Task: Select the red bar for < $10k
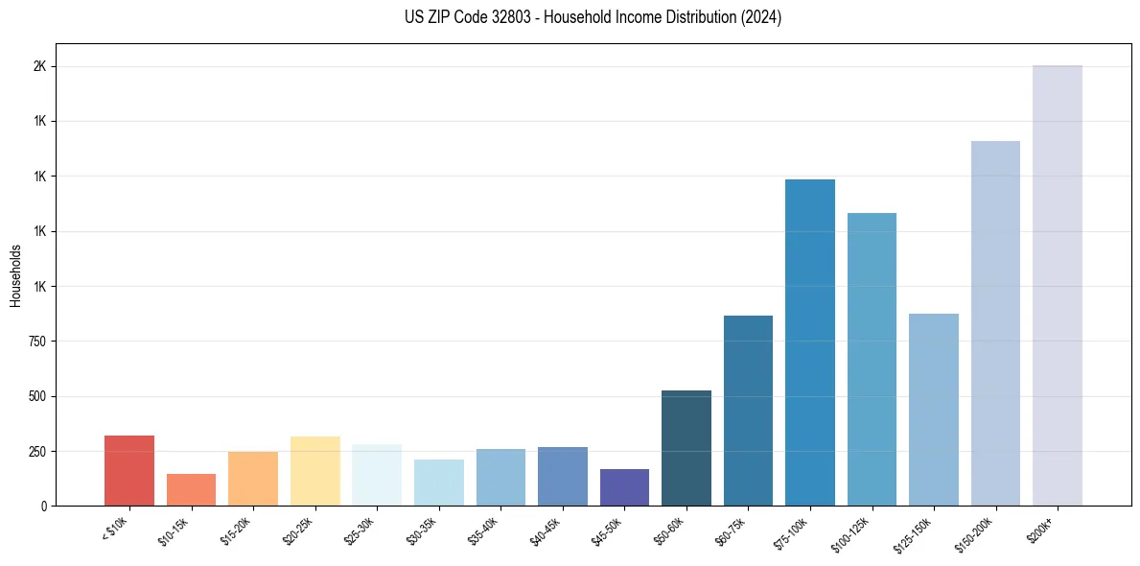pos(129,470)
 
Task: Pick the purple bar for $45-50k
pos(624,487)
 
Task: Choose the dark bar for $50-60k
pos(686,448)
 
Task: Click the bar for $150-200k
pos(995,323)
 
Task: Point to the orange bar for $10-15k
pos(191,489)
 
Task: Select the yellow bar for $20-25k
pos(314,471)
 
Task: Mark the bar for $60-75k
pos(748,411)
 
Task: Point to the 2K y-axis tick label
pos(40,67)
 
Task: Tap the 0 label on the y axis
pos(44,506)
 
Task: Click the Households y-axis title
pos(16,275)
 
